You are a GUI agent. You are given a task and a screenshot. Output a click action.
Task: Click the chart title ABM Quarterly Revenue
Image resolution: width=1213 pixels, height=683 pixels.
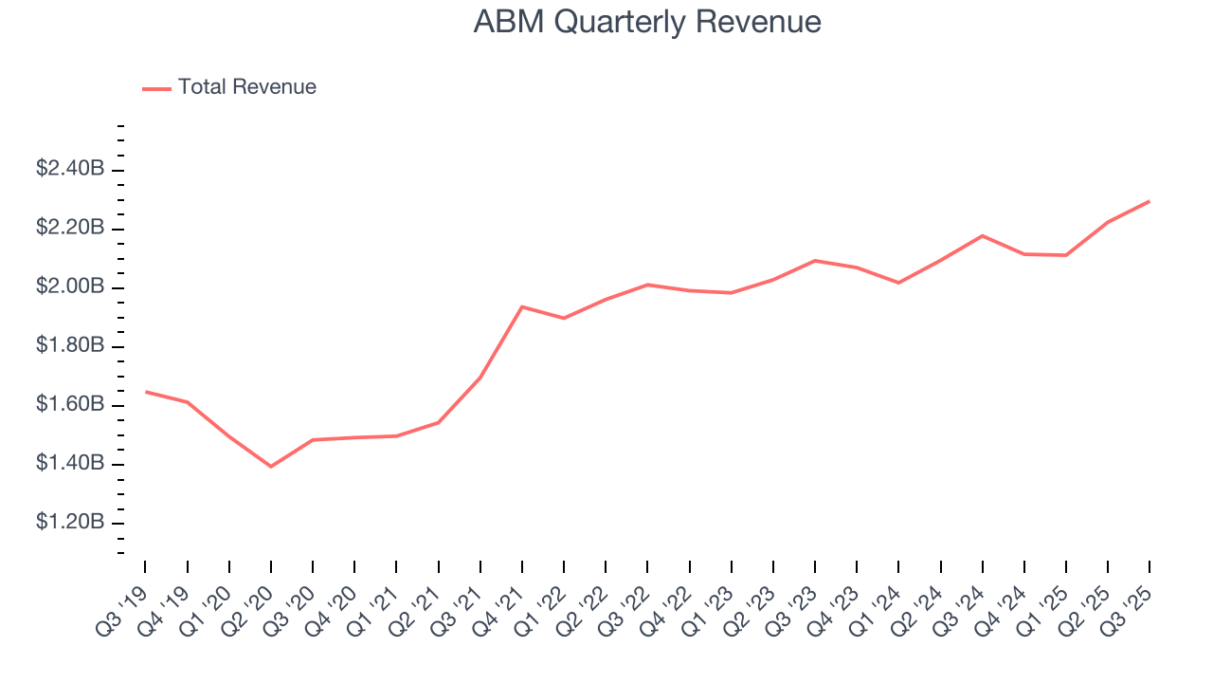[647, 22]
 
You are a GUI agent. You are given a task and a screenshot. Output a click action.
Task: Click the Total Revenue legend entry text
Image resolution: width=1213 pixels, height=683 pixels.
[246, 87]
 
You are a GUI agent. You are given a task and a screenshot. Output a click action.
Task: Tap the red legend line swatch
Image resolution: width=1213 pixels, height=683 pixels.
[156, 88]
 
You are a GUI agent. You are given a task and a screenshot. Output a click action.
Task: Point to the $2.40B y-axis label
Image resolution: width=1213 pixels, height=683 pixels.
[70, 169]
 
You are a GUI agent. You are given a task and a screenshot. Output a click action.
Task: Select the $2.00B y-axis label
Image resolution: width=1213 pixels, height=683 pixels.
[70, 286]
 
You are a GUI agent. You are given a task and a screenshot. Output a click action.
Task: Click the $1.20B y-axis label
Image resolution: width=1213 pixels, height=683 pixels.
[70, 522]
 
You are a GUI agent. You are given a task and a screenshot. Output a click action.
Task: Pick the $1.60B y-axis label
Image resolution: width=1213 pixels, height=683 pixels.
[70, 404]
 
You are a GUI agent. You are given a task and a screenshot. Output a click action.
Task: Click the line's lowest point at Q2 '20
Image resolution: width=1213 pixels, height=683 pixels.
[271, 466]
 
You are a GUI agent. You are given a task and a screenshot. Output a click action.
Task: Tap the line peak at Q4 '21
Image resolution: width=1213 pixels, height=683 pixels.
[522, 306]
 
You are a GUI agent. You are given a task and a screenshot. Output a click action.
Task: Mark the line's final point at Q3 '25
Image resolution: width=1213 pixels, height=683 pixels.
[1150, 201]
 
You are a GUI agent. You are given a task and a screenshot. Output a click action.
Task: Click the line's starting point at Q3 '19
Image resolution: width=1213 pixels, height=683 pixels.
[145, 391]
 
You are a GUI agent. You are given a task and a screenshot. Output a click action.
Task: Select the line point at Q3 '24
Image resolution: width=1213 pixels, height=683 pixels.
[982, 235]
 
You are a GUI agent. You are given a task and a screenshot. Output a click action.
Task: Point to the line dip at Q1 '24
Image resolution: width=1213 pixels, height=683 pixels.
[898, 283]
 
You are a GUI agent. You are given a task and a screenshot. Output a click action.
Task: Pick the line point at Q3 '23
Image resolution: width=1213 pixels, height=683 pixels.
[815, 260]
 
